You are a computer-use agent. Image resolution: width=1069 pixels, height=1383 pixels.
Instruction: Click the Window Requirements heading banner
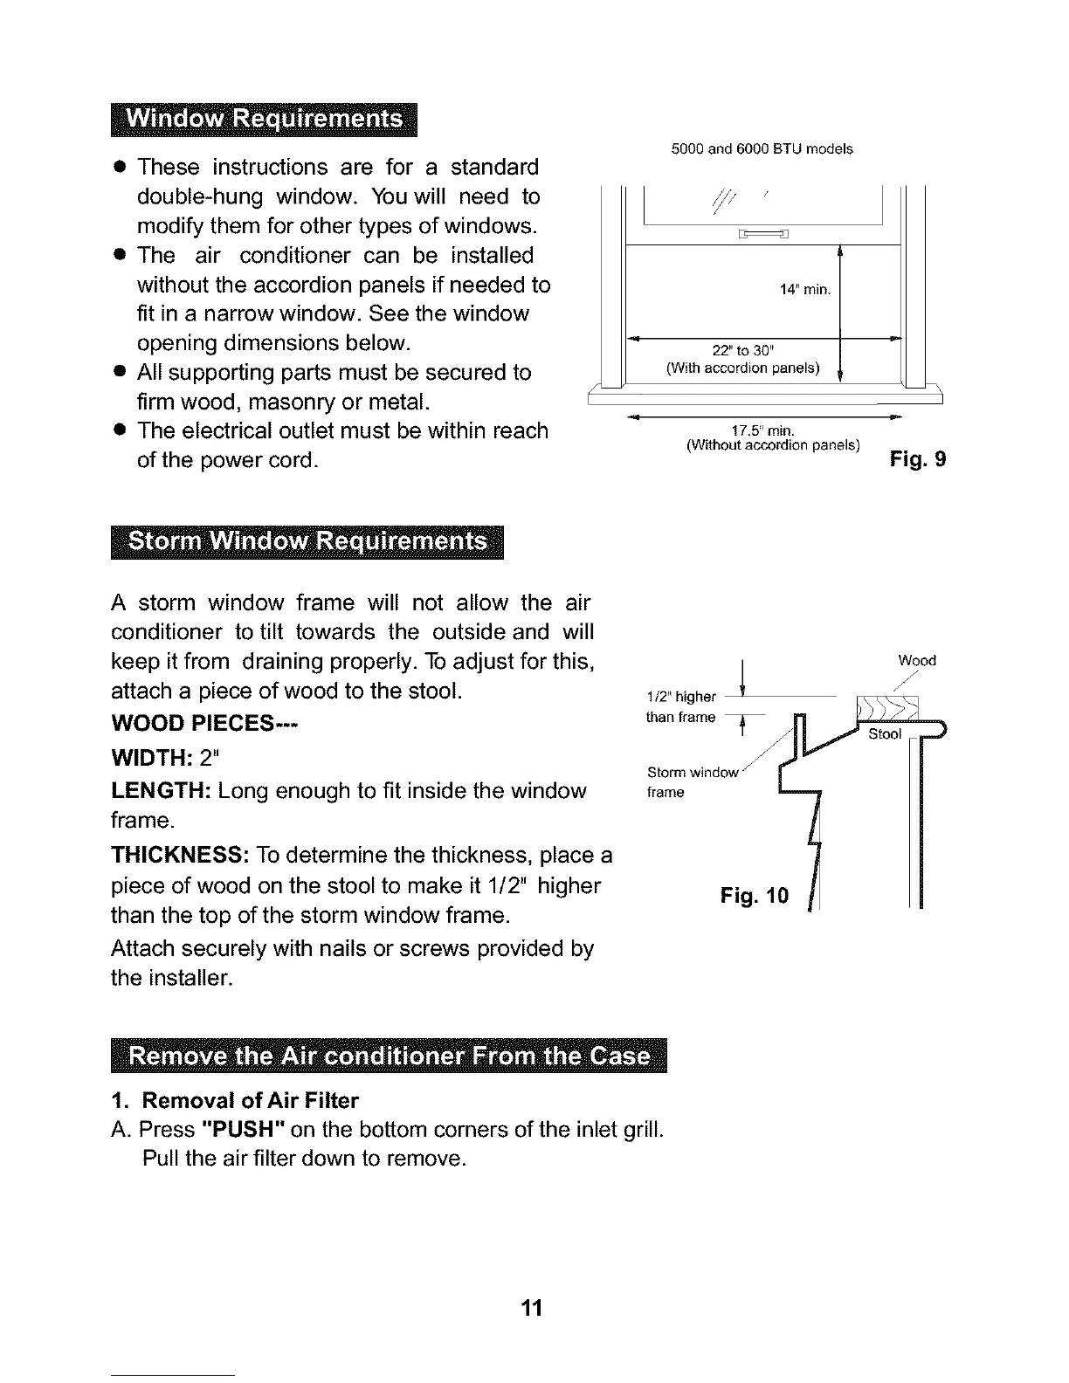point(265,120)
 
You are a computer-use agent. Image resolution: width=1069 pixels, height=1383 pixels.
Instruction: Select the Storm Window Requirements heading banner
point(307,542)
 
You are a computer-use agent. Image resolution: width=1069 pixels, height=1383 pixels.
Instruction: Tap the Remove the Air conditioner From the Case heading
point(389,1056)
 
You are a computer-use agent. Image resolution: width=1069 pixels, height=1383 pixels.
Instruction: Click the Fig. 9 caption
point(917,459)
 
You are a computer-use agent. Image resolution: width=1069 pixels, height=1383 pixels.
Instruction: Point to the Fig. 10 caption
point(754,896)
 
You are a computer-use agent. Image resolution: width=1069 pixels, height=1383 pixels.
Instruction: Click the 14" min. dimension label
point(804,290)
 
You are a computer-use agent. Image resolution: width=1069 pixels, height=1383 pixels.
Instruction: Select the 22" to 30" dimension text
point(742,351)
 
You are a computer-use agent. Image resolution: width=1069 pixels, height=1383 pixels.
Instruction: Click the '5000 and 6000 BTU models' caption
point(762,149)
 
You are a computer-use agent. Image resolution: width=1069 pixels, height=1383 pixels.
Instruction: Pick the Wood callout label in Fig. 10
point(916,661)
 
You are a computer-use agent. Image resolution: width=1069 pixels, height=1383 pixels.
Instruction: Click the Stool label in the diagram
point(884,734)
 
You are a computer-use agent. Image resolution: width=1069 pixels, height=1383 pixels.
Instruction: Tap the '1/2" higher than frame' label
point(681,707)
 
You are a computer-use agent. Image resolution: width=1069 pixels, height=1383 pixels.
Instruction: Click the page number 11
point(532,1308)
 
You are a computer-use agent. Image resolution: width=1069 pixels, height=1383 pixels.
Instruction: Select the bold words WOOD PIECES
point(204,725)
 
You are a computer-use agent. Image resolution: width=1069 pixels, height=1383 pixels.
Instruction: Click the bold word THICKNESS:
point(182,854)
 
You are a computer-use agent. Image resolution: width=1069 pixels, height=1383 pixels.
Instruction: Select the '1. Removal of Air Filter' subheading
point(235,1100)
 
